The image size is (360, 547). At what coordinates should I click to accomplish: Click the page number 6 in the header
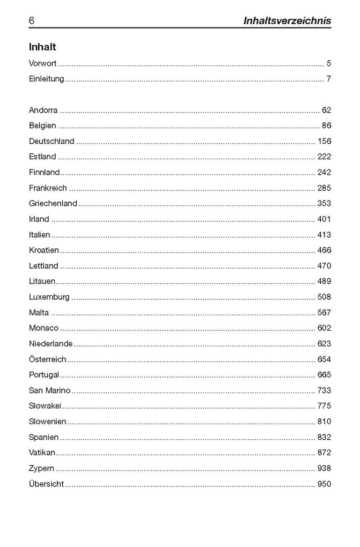pos(32,21)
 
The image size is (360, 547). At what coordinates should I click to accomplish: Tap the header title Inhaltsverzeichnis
pos(287,21)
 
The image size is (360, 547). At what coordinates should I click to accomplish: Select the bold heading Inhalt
pos(42,47)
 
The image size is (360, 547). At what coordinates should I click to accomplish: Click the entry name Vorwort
pos(43,63)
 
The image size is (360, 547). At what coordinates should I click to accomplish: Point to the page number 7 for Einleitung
pos(328,79)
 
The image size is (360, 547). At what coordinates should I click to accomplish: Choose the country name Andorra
pos(43,110)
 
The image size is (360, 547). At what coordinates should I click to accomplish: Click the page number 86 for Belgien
pos(326,126)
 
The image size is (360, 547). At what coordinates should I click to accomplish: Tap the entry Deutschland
pos(52,142)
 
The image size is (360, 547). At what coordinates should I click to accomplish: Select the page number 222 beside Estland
pos(324,157)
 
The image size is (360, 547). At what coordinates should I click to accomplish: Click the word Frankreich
pos(48,188)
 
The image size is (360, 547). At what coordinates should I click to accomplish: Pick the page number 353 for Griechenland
pos(324,204)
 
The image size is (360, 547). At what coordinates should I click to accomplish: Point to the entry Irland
pos(39,219)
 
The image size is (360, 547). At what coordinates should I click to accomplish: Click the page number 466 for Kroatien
pos(324,250)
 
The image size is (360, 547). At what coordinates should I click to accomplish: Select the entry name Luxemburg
pos(49,297)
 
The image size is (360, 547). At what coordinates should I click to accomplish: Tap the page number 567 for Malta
pos(324,313)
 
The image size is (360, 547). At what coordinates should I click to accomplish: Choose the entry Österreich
pos(47,359)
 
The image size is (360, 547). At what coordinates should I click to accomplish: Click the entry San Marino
pos(49,390)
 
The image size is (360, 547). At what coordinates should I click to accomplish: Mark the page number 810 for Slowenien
pos(324,422)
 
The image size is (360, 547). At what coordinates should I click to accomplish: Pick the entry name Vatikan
pos(42,453)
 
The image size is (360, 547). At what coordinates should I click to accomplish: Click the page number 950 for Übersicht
pos(324,484)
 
